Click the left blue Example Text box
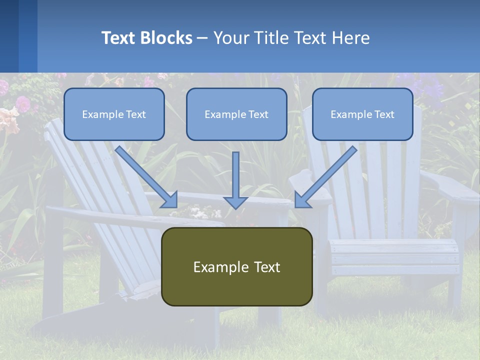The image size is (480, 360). (x=114, y=114)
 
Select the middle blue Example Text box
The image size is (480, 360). (x=236, y=114)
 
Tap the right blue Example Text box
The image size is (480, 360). (x=362, y=114)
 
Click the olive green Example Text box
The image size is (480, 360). (x=237, y=266)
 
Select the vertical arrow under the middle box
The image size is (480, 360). (x=235, y=180)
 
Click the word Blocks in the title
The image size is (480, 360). (x=166, y=38)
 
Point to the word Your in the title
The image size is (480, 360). (x=232, y=38)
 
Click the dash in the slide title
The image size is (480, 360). (x=202, y=38)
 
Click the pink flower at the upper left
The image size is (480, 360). (x=22, y=103)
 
